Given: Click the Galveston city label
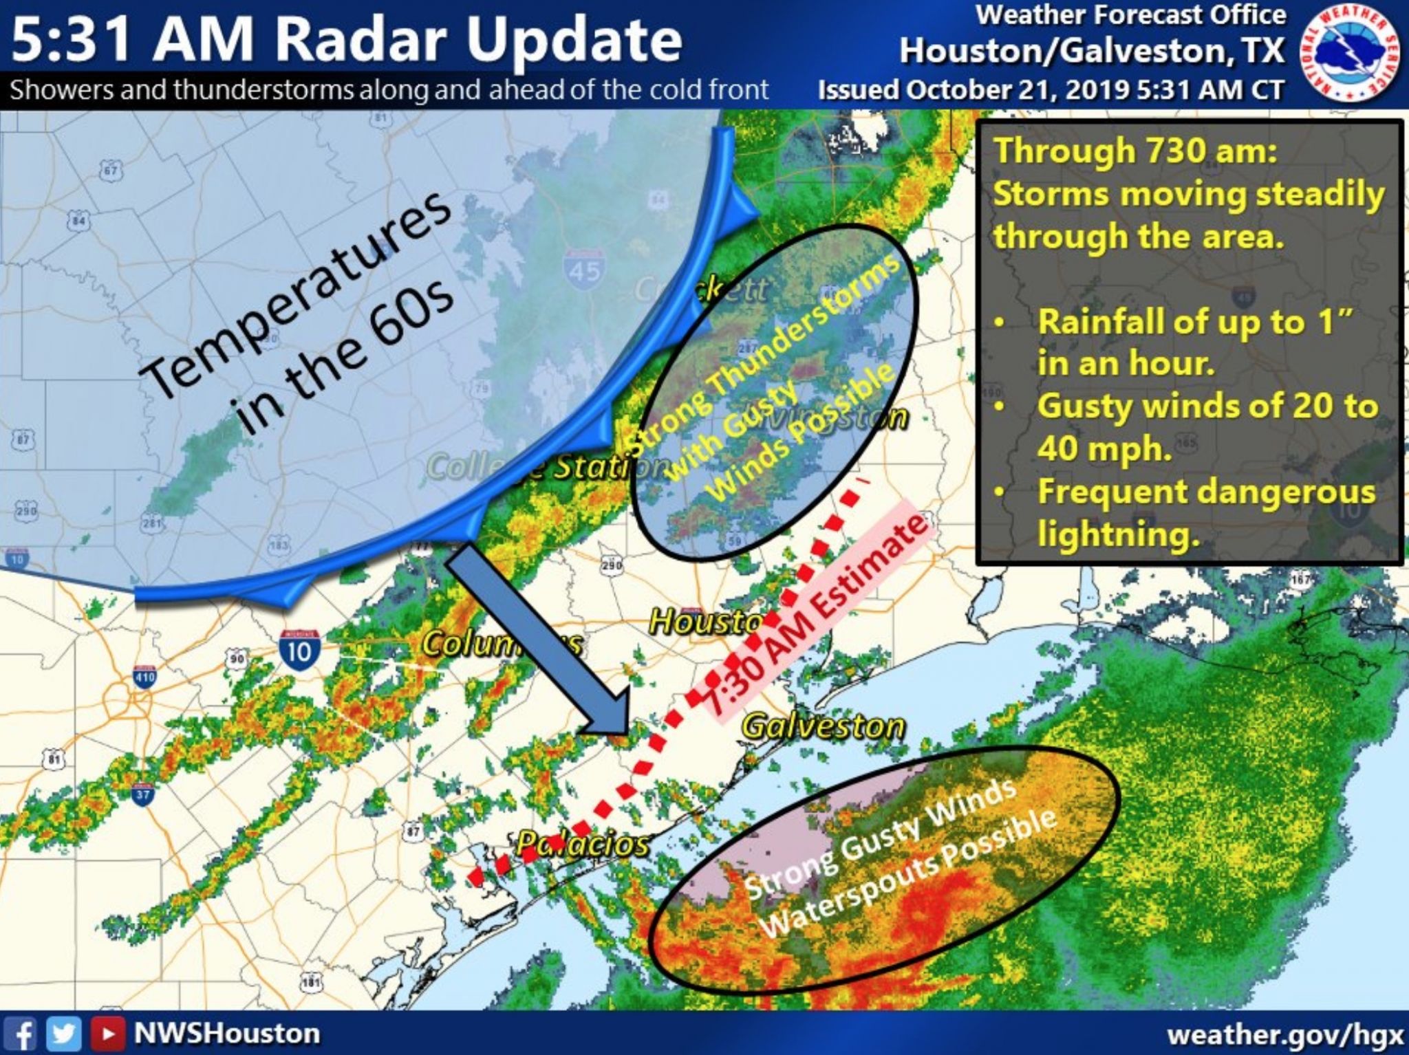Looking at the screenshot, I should coord(823,726).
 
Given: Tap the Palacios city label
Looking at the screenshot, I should coord(582,843).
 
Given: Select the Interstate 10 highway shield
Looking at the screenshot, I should coord(299,648).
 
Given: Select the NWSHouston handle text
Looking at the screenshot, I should coord(227,1034).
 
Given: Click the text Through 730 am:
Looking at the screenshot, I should coord(1135,151).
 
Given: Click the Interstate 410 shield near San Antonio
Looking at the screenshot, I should coord(144,676).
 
